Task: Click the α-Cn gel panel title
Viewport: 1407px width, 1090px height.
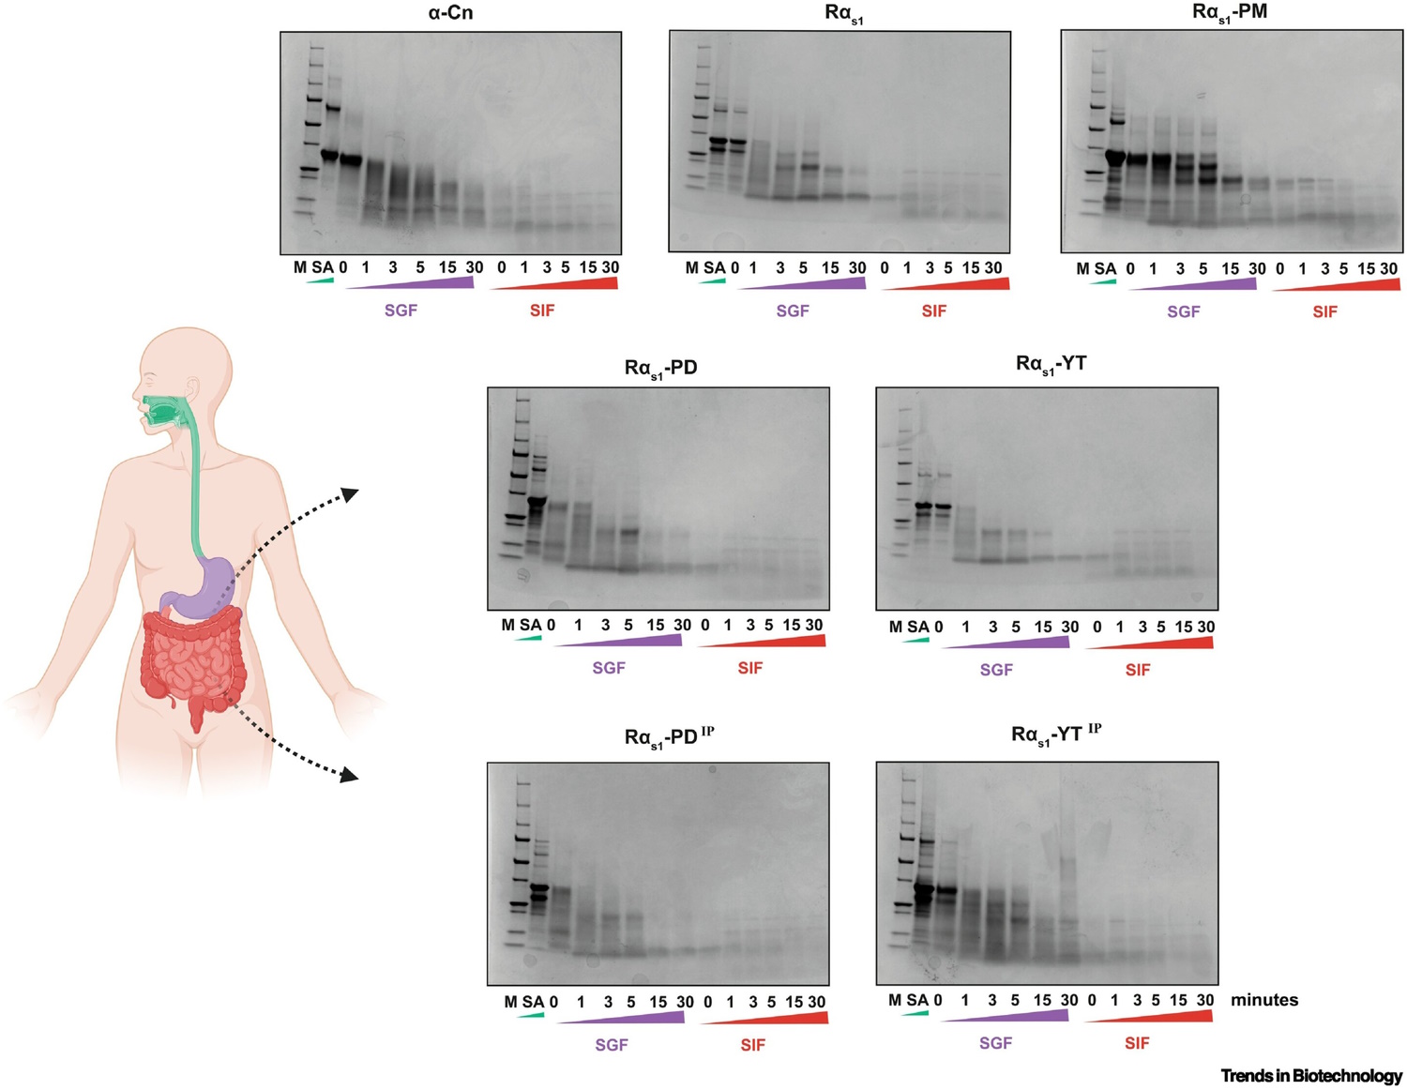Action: pyautogui.click(x=450, y=13)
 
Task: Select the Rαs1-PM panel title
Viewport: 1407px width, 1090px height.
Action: pyautogui.click(x=1229, y=13)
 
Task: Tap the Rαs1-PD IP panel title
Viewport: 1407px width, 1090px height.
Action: pyautogui.click(x=668, y=737)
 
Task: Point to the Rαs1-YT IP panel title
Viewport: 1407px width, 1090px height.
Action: pyautogui.click(x=1055, y=734)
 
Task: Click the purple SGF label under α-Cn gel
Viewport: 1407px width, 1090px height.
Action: pyautogui.click(x=401, y=310)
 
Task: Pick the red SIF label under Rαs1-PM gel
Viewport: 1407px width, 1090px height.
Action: pyautogui.click(x=1324, y=311)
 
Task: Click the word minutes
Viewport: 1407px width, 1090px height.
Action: pyautogui.click(x=1264, y=1000)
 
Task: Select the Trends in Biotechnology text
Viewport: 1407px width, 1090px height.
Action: pyautogui.click(x=1310, y=1076)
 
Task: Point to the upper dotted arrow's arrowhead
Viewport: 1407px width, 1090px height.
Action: pyautogui.click(x=349, y=493)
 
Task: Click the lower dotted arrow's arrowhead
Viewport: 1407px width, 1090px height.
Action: pyautogui.click(x=349, y=775)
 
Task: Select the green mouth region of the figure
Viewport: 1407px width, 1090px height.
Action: pyautogui.click(x=161, y=411)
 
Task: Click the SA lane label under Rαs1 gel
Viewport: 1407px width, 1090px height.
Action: pyautogui.click(x=715, y=268)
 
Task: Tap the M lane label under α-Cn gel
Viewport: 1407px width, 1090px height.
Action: pyautogui.click(x=300, y=267)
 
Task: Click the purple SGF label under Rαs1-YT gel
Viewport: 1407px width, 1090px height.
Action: pyautogui.click(x=996, y=670)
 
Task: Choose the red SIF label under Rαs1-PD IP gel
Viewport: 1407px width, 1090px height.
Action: pyautogui.click(x=752, y=1045)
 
